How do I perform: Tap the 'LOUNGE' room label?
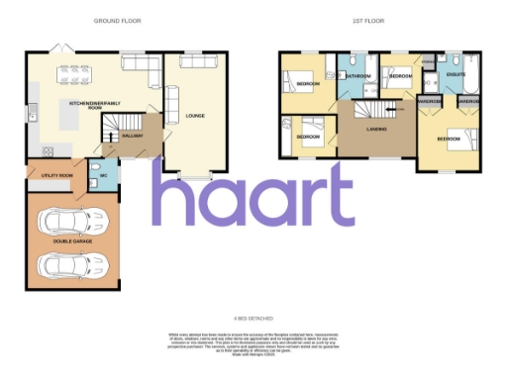coord(194,116)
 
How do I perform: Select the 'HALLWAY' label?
coord(134,135)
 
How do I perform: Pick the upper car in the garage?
coord(70,219)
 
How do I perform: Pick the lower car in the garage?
coord(70,264)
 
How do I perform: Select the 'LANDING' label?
coord(376,129)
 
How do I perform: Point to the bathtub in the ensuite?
coord(471,73)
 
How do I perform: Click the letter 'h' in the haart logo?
coord(174,194)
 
